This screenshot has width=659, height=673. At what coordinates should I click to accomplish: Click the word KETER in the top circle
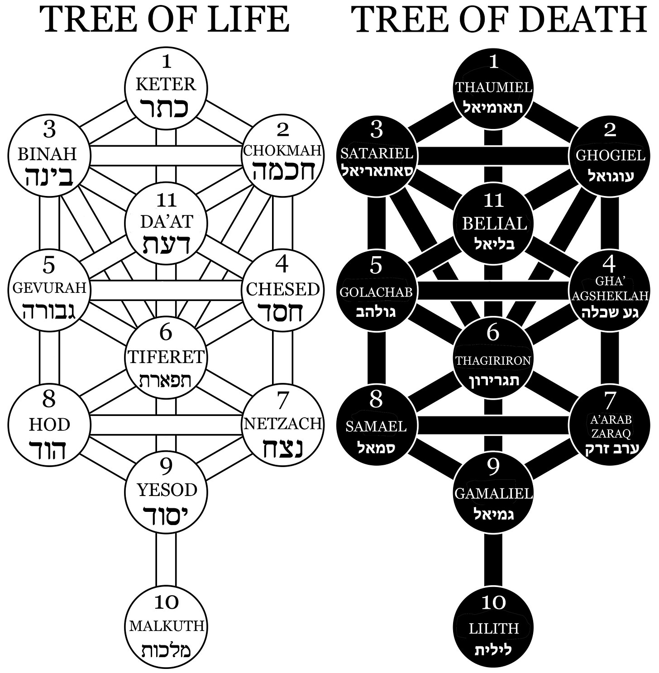(x=166, y=84)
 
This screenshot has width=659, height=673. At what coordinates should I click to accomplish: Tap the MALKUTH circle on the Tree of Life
(x=166, y=627)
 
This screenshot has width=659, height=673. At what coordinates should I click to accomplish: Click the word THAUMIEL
(x=493, y=87)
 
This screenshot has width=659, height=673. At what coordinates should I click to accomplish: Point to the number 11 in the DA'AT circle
(x=166, y=200)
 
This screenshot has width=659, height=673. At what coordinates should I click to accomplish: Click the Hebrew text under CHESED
(x=282, y=313)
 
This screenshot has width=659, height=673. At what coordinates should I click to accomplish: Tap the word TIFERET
(x=166, y=357)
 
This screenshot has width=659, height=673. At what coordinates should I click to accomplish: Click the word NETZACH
(x=283, y=424)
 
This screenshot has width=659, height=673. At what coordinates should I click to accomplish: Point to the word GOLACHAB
(x=376, y=292)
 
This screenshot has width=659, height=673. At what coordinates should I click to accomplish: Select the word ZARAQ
(x=611, y=433)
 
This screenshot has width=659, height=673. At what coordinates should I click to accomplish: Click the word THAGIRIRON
(x=493, y=360)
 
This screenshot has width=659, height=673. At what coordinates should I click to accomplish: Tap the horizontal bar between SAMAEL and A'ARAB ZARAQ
(x=493, y=425)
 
